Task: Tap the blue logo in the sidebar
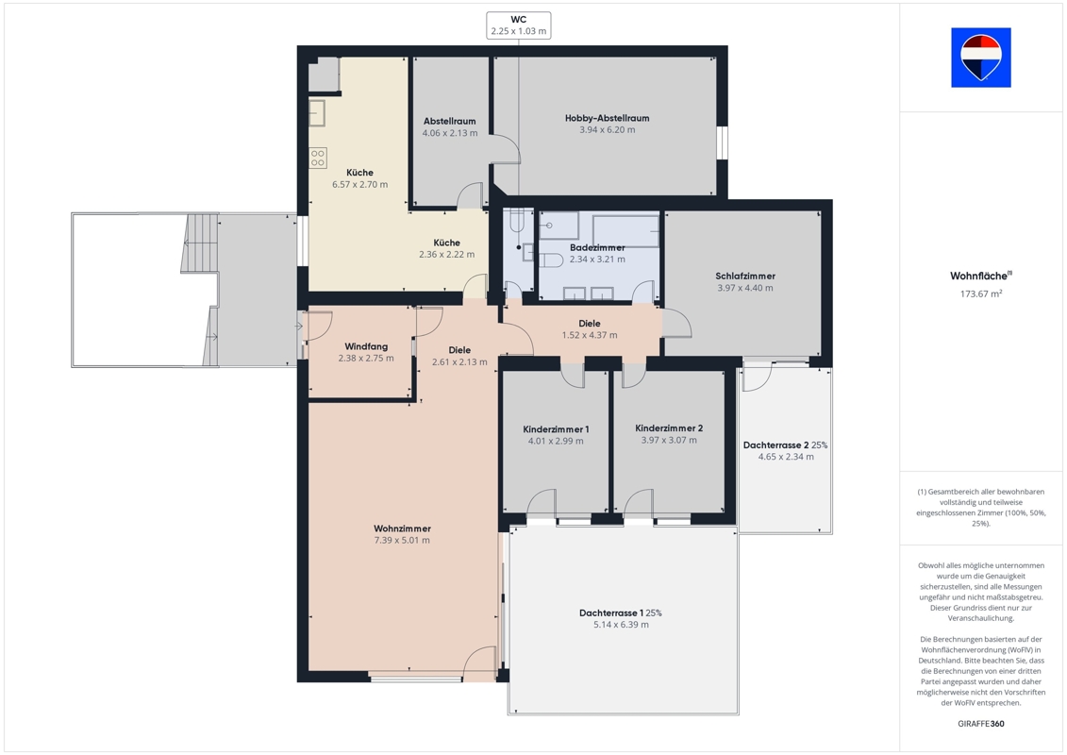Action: (x=980, y=58)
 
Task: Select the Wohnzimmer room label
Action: (x=402, y=528)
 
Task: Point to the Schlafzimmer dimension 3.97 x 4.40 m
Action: (x=745, y=288)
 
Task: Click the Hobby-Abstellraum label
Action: (x=607, y=118)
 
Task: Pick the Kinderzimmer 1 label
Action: (x=556, y=428)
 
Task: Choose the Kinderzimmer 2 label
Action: (x=669, y=428)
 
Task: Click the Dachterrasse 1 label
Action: (x=611, y=612)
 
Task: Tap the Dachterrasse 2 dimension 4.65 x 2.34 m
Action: (x=786, y=457)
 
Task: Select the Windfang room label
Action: (x=366, y=346)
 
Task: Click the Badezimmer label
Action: (x=597, y=247)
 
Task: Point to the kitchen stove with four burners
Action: (x=318, y=158)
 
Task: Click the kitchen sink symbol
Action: (x=316, y=112)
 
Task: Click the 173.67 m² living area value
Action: (x=981, y=294)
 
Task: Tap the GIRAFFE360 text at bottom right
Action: (x=980, y=724)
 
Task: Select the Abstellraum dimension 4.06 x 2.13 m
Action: (x=450, y=133)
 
